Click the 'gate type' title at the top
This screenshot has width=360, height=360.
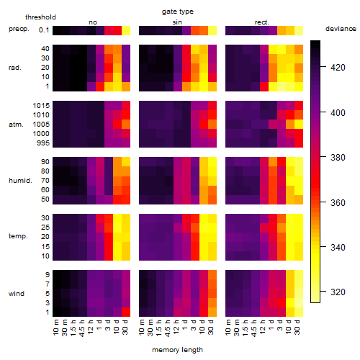(x=178, y=12)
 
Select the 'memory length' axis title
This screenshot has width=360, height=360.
(x=177, y=350)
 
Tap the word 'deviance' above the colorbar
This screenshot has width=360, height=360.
(x=341, y=29)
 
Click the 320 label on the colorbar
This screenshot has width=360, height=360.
(x=338, y=292)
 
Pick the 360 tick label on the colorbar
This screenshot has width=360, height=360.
(x=338, y=203)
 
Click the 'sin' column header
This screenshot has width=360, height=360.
(x=177, y=22)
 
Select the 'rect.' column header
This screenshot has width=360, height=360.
(x=261, y=22)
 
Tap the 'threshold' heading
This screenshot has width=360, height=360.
(x=40, y=17)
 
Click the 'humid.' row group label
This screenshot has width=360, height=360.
(x=20, y=181)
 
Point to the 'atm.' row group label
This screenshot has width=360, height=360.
(x=16, y=125)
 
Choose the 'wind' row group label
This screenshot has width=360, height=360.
(x=17, y=294)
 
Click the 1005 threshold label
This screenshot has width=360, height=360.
(x=41, y=125)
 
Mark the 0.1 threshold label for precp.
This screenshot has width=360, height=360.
(x=44, y=30)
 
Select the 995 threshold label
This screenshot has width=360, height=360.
(x=43, y=143)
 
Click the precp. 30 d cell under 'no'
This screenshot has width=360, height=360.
(x=126, y=30)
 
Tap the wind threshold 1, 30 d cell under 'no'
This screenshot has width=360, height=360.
(x=126, y=312)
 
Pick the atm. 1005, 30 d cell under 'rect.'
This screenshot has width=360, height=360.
(x=299, y=125)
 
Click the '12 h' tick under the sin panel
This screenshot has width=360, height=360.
(x=176, y=327)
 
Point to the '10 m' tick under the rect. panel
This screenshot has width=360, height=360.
(x=228, y=328)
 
